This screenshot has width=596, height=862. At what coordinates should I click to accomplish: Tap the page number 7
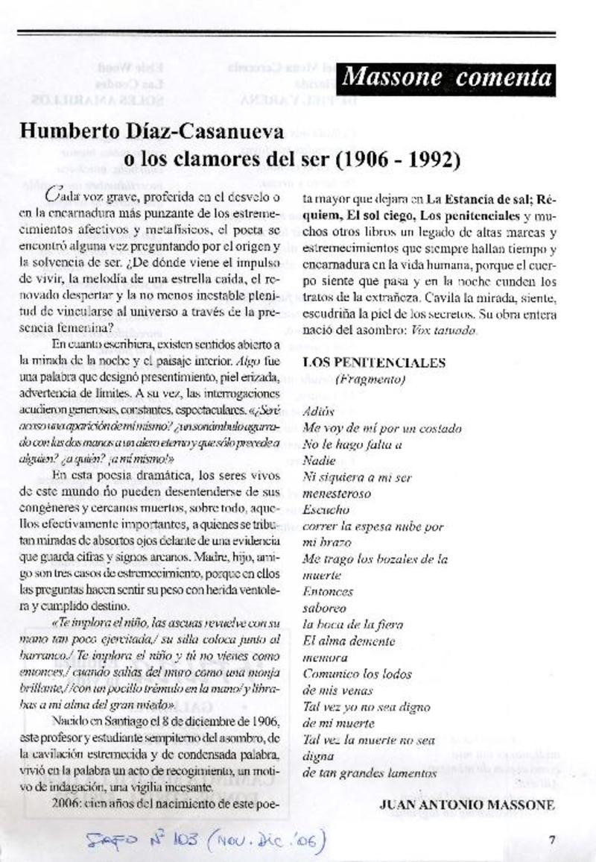(x=552, y=839)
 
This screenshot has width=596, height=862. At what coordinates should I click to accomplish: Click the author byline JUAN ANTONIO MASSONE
(x=467, y=805)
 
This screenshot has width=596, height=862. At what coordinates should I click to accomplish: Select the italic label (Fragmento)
(x=370, y=379)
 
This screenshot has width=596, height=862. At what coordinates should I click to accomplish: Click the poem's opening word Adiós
(x=318, y=412)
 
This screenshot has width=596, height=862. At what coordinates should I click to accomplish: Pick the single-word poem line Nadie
(x=319, y=461)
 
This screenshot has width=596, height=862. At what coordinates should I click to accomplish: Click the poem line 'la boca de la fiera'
(x=352, y=624)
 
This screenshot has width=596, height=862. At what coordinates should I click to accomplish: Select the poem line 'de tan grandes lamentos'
(x=370, y=773)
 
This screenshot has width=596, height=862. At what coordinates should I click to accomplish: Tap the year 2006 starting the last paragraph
(x=67, y=805)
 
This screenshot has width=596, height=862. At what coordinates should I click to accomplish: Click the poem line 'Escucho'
(x=326, y=510)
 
